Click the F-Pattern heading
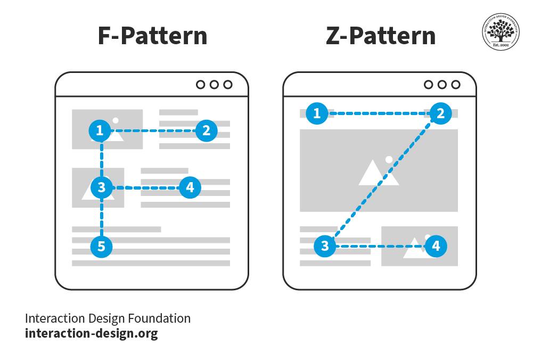pyautogui.click(x=152, y=36)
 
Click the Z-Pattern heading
pyautogui.click(x=380, y=36)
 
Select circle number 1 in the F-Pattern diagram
pyautogui.click(x=100, y=130)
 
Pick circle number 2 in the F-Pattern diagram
pyautogui.click(x=206, y=130)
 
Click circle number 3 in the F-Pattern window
pyautogui.click(x=101, y=187)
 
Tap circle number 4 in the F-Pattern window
pyautogui.click(x=190, y=187)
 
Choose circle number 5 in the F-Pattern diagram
pyautogui.click(x=101, y=246)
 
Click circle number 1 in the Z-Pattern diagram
pyautogui.click(x=317, y=113)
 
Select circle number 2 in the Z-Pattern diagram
pyautogui.click(x=440, y=113)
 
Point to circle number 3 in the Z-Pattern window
pyautogui.click(x=324, y=246)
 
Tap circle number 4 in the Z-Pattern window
pyautogui.click(x=436, y=246)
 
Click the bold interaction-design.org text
pyautogui.click(x=92, y=334)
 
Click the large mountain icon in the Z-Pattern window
pyautogui.click(x=378, y=171)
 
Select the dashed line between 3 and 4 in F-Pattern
pyautogui.click(x=145, y=187)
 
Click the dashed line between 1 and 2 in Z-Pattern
pyautogui.click(x=379, y=113)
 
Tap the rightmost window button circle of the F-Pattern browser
pyautogui.click(x=228, y=84)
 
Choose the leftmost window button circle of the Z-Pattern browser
pyautogui.click(x=428, y=84)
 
